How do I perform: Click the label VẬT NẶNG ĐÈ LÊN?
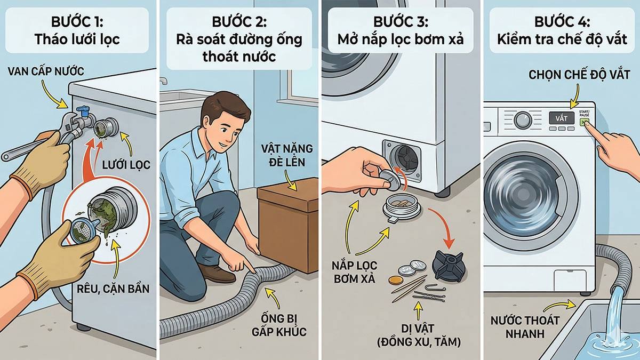coord(287,154)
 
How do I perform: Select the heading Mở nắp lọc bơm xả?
coord(400,39)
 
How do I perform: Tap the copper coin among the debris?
coord(395,279)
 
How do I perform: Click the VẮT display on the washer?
coord(561,118)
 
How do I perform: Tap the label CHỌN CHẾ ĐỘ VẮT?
coord(570,75)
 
